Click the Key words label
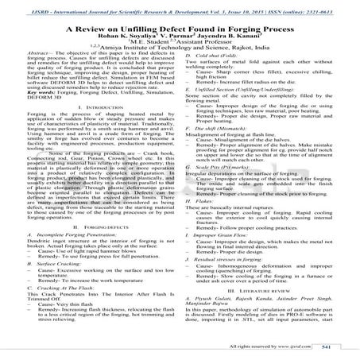coord(41,106)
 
